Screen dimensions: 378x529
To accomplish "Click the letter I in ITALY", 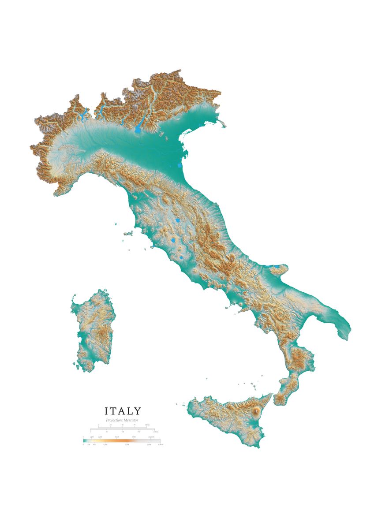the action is coord(106,411).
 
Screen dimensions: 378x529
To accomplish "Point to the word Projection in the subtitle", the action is coord(115,421).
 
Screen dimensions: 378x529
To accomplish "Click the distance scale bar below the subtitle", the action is coord(122,428).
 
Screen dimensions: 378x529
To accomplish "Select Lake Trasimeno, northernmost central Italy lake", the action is coord(177,220).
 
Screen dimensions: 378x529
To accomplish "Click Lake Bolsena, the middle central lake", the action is coord(174,241).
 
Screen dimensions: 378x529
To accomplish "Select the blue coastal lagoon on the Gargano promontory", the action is coord(276,267).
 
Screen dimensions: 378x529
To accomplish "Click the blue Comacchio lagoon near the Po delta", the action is coord(179,167).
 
